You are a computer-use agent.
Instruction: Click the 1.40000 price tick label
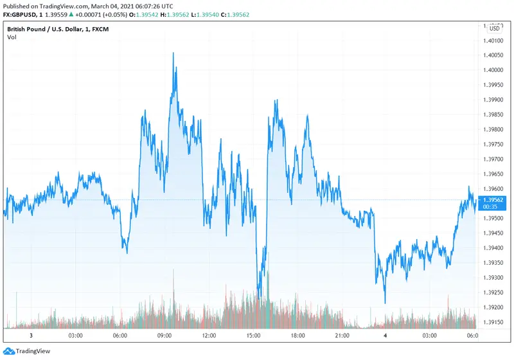492,70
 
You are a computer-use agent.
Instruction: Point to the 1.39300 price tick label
492,278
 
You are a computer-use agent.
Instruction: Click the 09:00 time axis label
164,336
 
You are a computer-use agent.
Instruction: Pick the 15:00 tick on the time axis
253,336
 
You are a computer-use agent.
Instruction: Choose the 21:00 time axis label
342,336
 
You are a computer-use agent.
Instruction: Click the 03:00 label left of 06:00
75,336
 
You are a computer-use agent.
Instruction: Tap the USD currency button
494,28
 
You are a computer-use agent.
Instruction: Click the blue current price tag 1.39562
492,200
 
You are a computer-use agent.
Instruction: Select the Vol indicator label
12,37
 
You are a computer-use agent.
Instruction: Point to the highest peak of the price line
173,53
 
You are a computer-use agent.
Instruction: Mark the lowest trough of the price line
385,303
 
